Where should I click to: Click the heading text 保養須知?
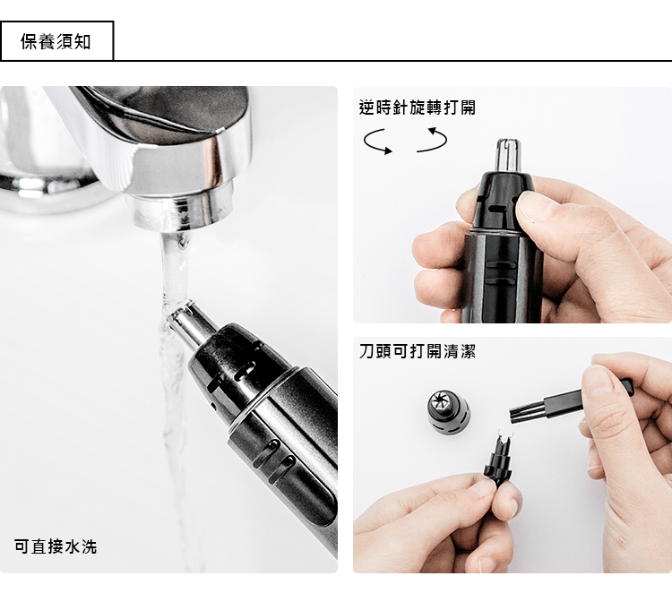(56, 42)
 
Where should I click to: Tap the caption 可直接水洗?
(56, 546)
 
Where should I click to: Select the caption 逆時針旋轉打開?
(418, 107)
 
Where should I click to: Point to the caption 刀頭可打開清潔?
(418, 351)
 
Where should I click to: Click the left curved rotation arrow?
(377, 142)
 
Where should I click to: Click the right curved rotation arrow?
(432, 140)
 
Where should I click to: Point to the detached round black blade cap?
(448, 410)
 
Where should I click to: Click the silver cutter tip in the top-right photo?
(508, 155)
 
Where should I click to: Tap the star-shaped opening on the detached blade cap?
(442, 401)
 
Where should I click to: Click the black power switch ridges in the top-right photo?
(501, 273)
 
